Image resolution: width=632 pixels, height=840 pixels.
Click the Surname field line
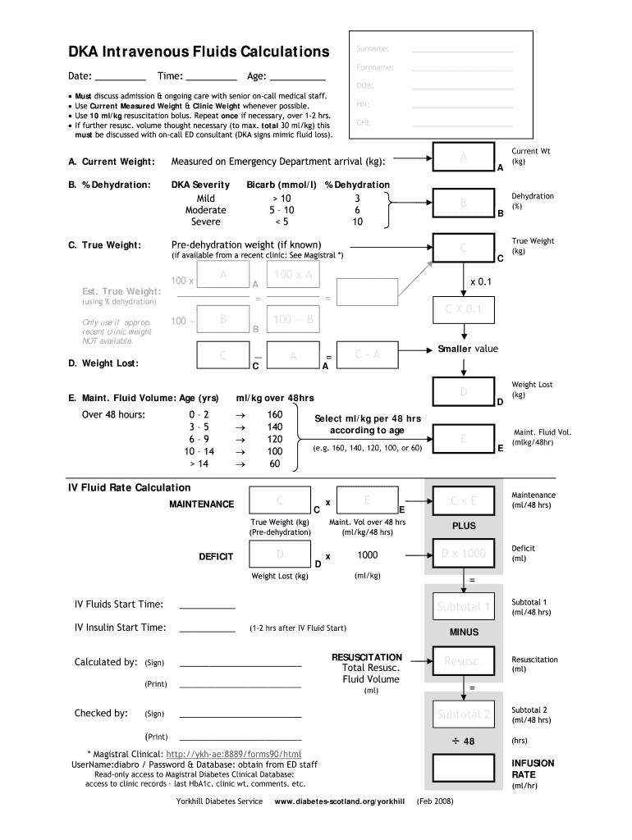tap(462, 51)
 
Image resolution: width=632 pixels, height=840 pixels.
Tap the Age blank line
tap(298, 80)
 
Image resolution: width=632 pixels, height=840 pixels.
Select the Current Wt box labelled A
tap(463, 157)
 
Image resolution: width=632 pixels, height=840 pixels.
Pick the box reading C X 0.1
tap(463, 309)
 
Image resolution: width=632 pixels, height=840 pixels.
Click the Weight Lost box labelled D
tap(463, 392)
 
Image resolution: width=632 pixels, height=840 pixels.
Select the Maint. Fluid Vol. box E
tap(463, 440)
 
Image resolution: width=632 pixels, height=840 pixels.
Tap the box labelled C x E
tap(463, 500)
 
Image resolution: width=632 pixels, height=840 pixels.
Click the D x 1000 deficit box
tap(463, 553)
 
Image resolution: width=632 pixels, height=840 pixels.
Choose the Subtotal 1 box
tap(463, 607)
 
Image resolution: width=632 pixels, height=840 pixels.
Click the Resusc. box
tap(463, 660)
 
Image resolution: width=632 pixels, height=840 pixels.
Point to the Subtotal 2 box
tap(463, 714)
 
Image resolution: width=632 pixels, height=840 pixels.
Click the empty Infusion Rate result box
tap(463, 768)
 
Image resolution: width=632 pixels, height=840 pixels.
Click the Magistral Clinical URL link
tap(234, 754)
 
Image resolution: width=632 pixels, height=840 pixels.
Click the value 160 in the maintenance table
tap(275, 414)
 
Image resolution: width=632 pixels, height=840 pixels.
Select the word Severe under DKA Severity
tap(205, 221)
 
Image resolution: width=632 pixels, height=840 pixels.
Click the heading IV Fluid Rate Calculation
tap(129, 487)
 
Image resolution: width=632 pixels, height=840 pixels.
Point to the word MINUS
tap(463, 632)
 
